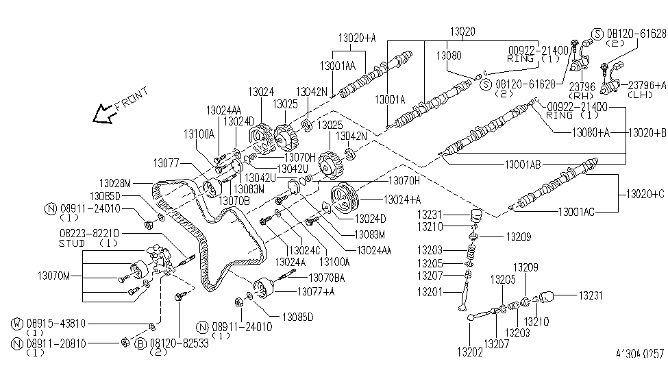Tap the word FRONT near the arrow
point(130,103)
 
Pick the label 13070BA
point(326,278)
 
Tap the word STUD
point(71,243)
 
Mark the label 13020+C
point(645,195)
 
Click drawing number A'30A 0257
point(640,354)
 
